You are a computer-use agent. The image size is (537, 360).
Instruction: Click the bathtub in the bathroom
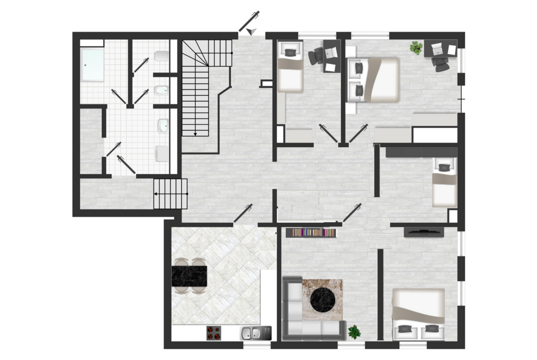92,65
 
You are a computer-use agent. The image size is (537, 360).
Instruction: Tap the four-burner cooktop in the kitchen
213,332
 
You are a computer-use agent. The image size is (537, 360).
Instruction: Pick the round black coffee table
324,300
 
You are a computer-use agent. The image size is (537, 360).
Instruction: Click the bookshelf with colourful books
311,233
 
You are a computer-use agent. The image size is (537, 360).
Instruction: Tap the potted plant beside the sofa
354,332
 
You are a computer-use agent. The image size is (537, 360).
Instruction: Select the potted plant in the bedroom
416,48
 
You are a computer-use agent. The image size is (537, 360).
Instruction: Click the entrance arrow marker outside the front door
251,31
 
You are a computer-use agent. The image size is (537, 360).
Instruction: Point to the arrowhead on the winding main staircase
195,134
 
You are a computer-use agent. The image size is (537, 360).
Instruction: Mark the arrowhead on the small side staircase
156,194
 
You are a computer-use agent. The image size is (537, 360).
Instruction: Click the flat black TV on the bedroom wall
424,232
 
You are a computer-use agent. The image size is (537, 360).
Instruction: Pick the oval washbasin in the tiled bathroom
163,125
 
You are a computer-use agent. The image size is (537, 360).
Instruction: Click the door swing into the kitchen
243,213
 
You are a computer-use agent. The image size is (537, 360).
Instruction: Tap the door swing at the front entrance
249,20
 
